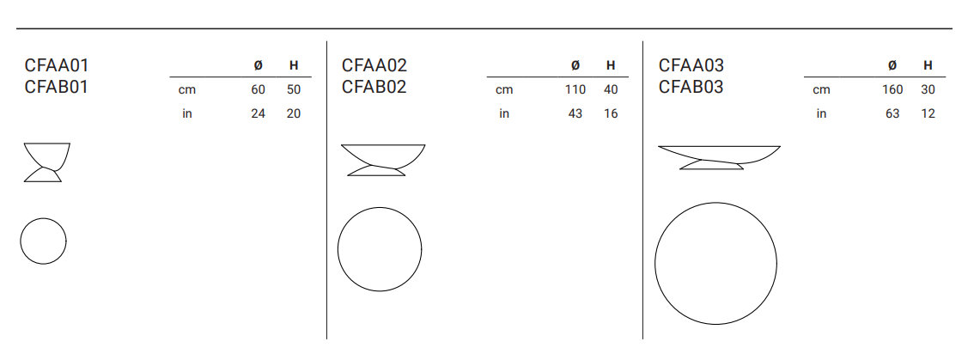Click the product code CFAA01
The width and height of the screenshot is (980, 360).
coord(57,65)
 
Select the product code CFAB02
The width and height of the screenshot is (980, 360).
coord(374,87)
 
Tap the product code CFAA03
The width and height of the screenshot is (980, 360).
coord(691,65)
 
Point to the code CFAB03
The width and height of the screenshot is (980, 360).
coord(691,87)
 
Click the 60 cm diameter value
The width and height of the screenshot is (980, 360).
coord(259,89)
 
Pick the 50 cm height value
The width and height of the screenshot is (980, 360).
coord(294,89)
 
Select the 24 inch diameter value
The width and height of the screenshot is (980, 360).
coord(259,113)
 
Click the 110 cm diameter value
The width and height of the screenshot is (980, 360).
coord(575,89)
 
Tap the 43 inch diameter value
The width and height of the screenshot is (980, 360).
coord(575,113)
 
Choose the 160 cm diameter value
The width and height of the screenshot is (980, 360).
coord(892,89)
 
